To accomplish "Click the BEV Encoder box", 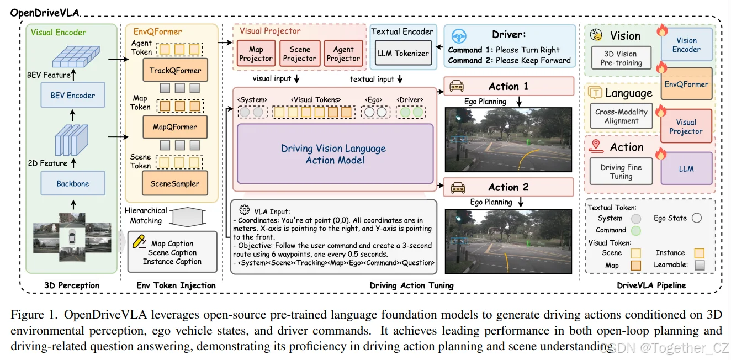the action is coord(73,95).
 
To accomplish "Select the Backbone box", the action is coord(73,183).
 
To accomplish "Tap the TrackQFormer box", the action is coord(175,70).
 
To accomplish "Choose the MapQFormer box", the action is coord(175,126).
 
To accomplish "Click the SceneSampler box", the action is coord(175,183).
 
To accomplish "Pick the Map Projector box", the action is coord(256,54).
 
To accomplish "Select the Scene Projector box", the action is coord(300,54).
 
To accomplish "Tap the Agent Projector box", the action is coord(343,54).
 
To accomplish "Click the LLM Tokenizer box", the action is coord(403,53).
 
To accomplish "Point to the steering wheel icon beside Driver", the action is coord(459,36).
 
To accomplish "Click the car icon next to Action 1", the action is coord(457,86).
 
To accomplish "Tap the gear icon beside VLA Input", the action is coord(245,209).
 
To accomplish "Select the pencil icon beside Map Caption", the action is coord(139,242).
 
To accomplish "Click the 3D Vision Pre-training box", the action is coord(621,58).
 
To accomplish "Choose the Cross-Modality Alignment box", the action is coord(621,116).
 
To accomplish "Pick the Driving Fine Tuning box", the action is coord(621,171).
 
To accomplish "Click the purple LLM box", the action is coord(686,168).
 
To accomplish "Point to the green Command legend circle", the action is coord(635,230).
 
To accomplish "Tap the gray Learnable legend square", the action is coord(700,264).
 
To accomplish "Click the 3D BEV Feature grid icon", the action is coord(76,56).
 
